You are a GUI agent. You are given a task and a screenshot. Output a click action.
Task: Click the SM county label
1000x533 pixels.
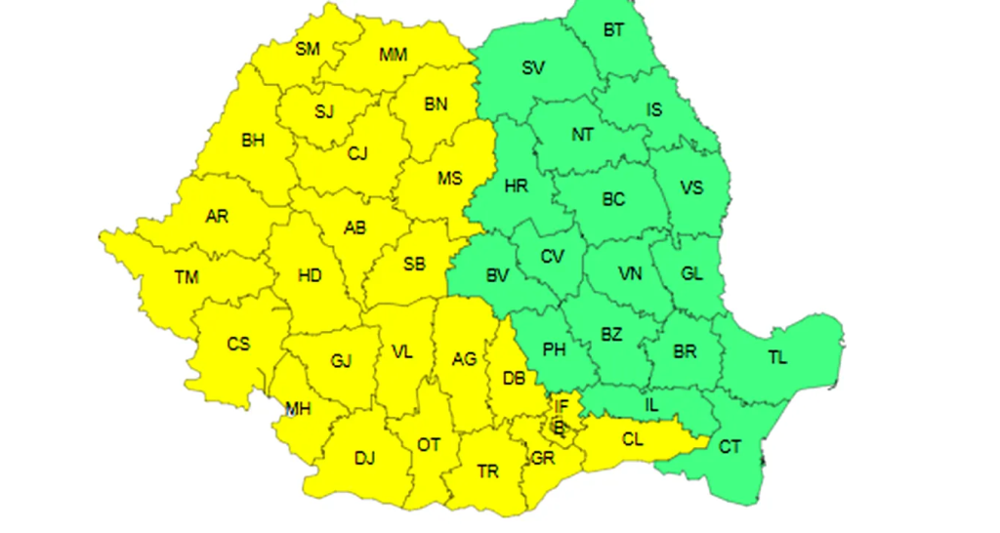[307, 48]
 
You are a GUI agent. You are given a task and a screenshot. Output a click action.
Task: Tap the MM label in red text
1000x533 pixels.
[393, 55]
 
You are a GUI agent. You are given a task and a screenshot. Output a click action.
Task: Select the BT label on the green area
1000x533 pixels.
[613, 30]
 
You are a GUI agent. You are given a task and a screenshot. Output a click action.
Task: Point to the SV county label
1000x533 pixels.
[533, 67]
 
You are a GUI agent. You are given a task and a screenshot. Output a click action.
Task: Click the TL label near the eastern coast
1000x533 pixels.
[776, 357]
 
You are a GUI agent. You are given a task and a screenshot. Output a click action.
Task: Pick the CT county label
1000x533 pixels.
[729, 447]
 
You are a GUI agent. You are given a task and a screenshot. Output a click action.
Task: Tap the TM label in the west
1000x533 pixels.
[187, 278]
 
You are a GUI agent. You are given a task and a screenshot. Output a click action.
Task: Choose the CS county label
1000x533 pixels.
[238, 344]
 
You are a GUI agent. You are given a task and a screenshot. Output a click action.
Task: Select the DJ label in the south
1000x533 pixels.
[364, 457]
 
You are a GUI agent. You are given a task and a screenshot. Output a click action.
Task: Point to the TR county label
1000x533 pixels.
[488, 472]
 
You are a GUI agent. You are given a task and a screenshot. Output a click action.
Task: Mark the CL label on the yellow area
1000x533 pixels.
[633, 439]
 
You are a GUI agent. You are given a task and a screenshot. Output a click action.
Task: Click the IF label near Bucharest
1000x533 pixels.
[561, 405]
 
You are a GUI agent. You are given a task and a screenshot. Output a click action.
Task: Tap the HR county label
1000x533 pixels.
[516, 185]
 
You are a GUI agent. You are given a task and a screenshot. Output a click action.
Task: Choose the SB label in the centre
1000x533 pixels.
[414, 264]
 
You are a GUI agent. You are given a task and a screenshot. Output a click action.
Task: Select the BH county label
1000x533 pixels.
[253, 141]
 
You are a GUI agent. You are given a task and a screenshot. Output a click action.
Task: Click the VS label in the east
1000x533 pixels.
[691, 187]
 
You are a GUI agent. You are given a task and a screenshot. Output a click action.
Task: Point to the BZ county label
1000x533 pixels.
[611, 335]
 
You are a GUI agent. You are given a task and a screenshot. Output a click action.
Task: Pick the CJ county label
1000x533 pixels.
[357, 152]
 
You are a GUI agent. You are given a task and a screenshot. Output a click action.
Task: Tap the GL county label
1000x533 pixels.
[691, 274]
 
